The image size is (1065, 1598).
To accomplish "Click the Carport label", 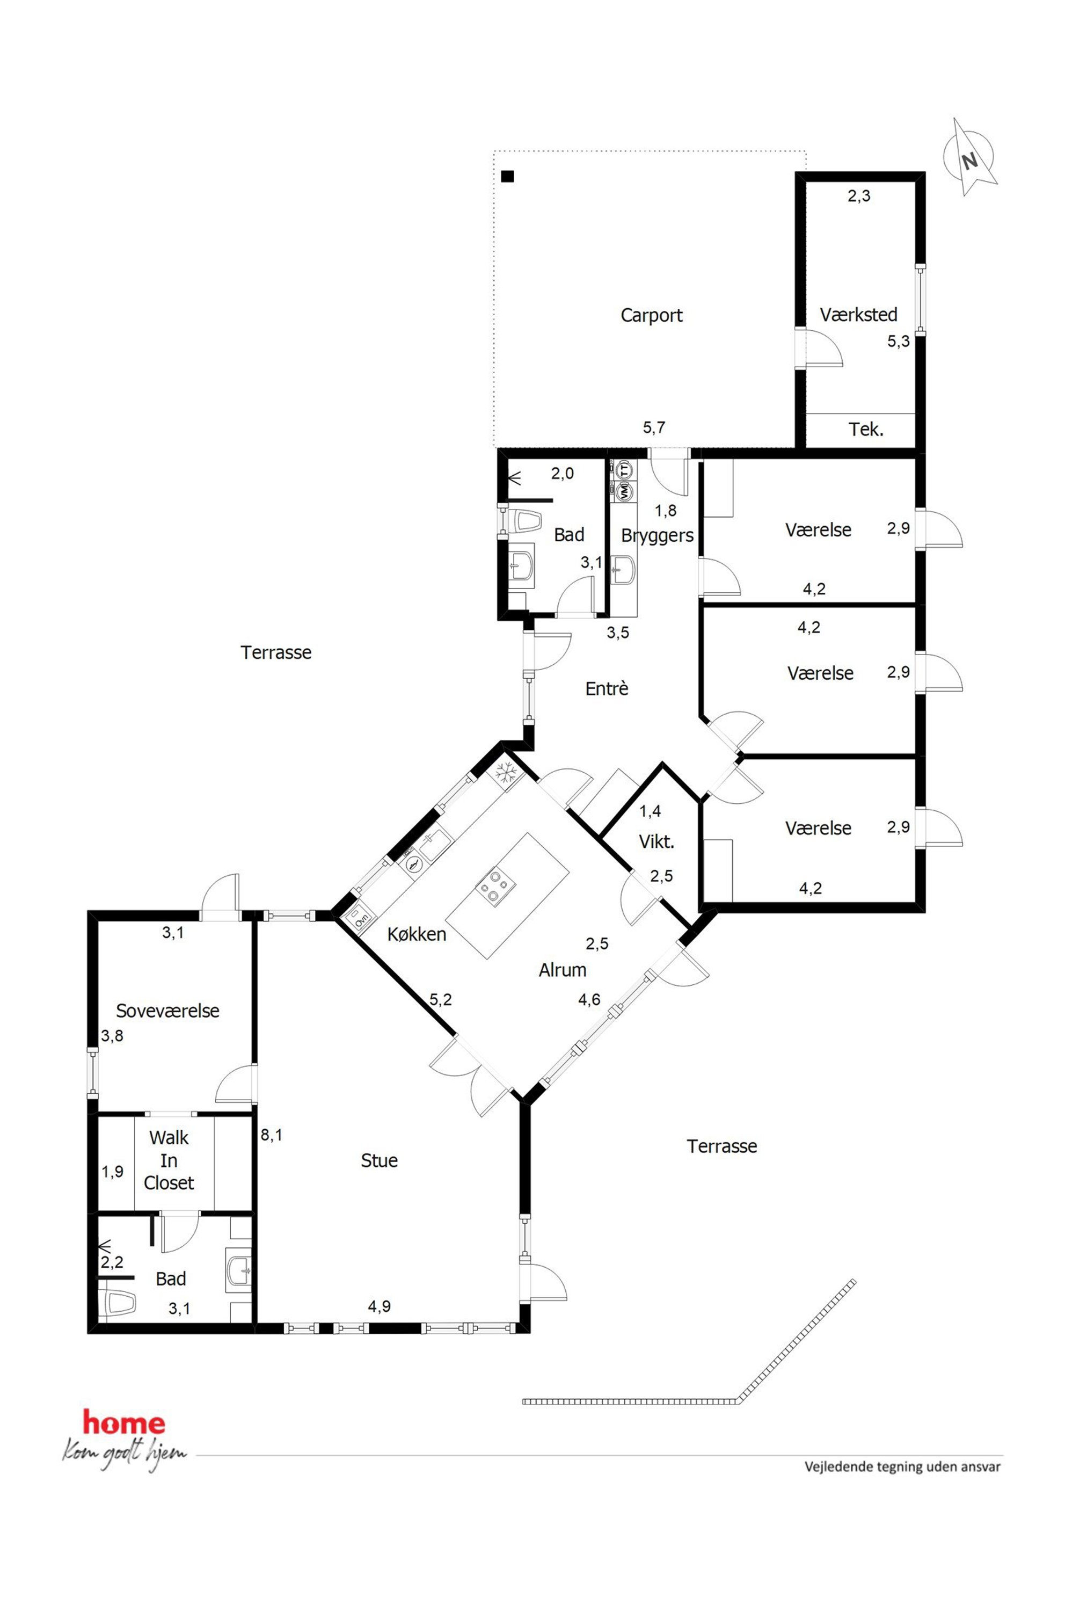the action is (651, 315).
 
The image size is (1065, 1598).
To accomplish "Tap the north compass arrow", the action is (971, 157).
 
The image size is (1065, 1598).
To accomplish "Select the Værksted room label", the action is (858, 315).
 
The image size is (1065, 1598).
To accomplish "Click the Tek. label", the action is (866, 430).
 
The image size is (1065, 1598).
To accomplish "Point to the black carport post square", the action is (507, 177).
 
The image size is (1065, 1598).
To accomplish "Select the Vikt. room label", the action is (656, 842).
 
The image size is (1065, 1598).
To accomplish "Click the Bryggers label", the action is (658, 536).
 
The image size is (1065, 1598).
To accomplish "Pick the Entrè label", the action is (607, 689).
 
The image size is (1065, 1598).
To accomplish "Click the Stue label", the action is (379, 1160).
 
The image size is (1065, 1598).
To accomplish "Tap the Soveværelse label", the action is (168, 1011).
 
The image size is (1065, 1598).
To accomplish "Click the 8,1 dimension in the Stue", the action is (272, 1135).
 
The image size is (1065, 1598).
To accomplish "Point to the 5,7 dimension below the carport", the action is (654, 427).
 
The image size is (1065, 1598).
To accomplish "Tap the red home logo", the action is (123, 1423).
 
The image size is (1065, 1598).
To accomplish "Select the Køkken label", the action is (417, 934).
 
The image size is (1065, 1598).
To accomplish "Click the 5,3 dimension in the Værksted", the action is (899, 342).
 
